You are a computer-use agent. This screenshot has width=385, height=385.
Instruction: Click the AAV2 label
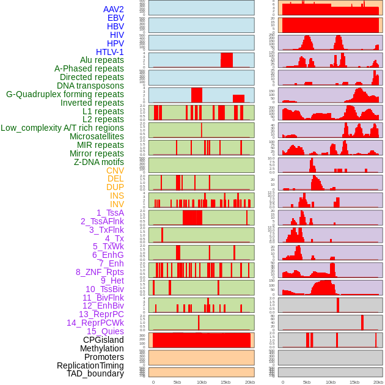(x=114, y=9)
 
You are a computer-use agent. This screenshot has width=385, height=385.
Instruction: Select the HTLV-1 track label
(x=110, y=52)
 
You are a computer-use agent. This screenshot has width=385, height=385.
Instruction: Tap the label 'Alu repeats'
(x=102, y=61)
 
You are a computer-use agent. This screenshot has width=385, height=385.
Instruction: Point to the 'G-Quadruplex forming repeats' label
(x=65, y=94)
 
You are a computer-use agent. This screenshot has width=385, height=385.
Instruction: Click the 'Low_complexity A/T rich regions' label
(x=62, y=128)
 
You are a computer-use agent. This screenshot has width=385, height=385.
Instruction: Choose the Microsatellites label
(x=97, y=136)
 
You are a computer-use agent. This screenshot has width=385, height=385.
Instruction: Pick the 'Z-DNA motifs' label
(x=99, y=162)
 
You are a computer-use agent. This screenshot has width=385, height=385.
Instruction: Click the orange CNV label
(x=115, y=170)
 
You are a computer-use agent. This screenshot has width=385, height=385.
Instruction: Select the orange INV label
(x=117, y=204)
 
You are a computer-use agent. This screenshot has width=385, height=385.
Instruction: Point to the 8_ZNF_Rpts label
(x=100, y=272)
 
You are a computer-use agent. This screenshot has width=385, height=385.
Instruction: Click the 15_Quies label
(x=105, y=331)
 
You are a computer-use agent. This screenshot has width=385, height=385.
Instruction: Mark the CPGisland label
(x=103, y=340)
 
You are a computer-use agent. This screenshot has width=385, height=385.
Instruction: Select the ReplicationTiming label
(x=90, y=365)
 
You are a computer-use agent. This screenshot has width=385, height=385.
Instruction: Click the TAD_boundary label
(x=95, y=373)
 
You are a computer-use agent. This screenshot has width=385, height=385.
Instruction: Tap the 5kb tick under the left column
(x=177, y=382)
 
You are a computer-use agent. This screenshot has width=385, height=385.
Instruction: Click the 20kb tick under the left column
(x=249, y=382)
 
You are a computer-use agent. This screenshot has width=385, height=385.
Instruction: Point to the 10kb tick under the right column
(x=331, y=382)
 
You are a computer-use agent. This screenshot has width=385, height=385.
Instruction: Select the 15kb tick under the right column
(x=354, y=382)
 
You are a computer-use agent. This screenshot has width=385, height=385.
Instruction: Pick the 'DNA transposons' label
(x=90, y=86)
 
